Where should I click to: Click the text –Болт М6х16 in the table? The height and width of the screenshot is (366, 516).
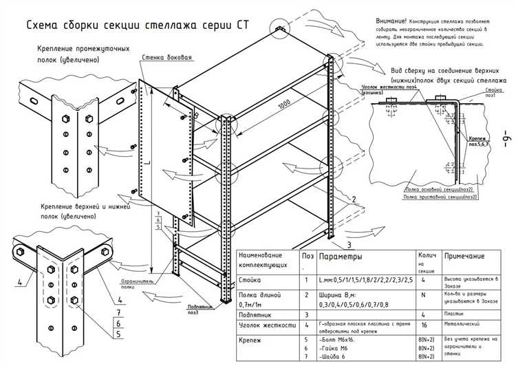tap(338, 340)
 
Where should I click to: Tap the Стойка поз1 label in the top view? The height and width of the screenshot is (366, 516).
tap(493, 93)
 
